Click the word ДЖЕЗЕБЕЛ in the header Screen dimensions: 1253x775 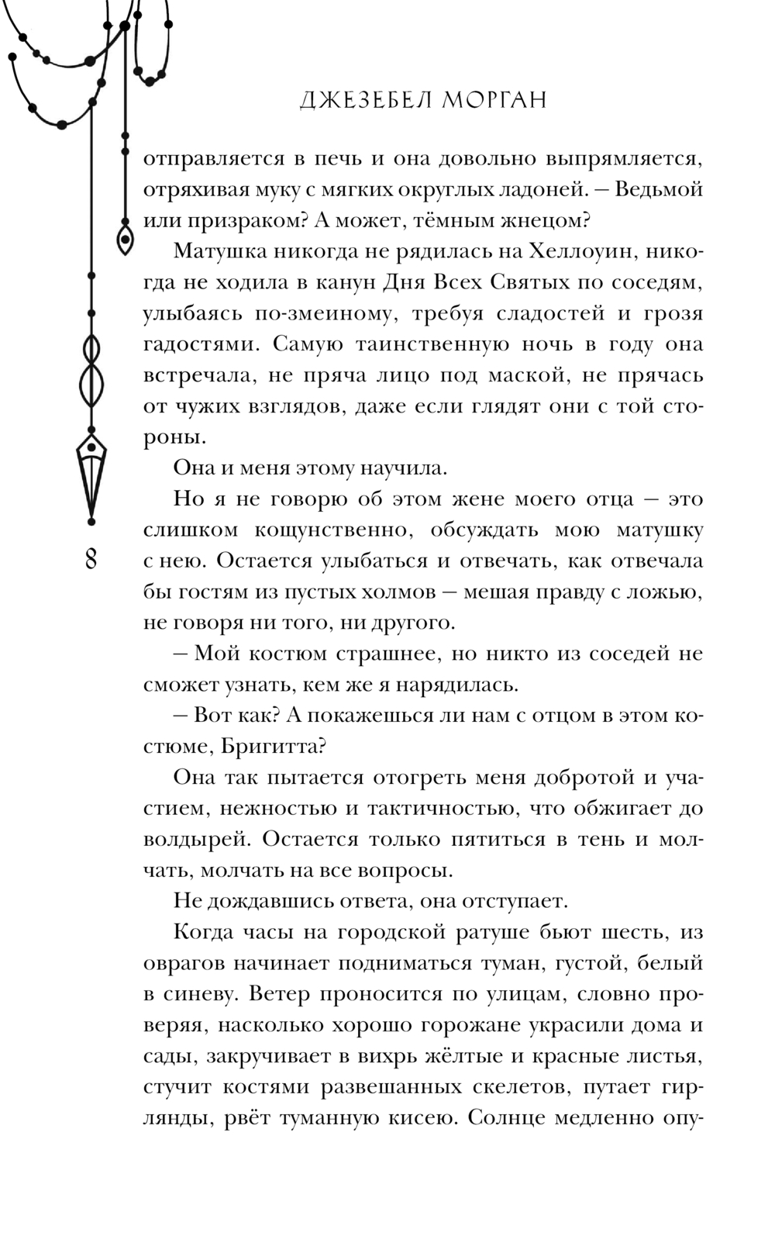coord(360,101)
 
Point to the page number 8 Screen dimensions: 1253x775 coord(91,559)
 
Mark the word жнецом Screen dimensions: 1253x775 coord(546,220)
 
